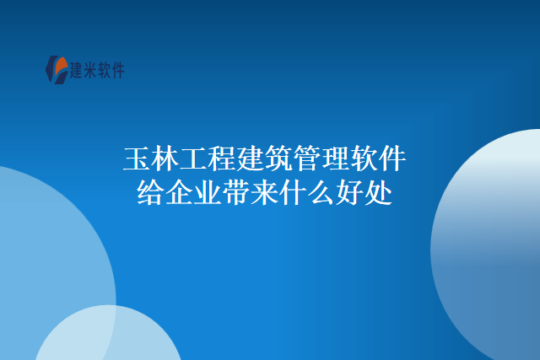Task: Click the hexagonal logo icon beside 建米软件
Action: pos(57,69)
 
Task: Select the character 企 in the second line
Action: pos(180,194)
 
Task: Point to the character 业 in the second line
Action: pos(208,194)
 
